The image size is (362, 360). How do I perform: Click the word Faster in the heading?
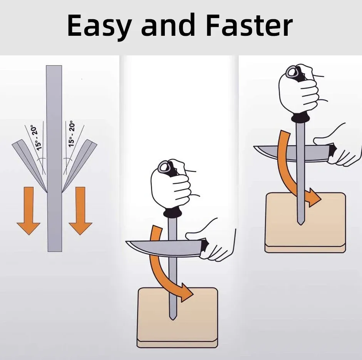pos(249,25)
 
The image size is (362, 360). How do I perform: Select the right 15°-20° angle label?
pos(72,134)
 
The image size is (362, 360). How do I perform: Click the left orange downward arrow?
pos(28,211)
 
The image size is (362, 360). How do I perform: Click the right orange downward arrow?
pos(80,211)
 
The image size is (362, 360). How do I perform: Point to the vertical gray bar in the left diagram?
pos(54,158)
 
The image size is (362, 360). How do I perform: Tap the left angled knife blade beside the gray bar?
pos(30,165)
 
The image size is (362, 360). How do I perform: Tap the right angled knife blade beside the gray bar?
pos(79,165)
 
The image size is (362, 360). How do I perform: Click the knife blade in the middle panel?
pos(164,248)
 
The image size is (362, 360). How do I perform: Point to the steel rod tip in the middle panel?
pos(173,319)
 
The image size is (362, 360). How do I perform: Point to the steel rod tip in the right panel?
pos(300,224)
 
